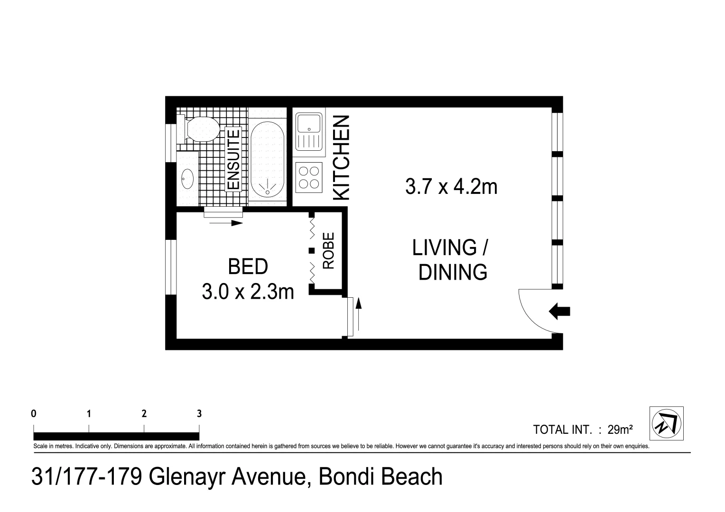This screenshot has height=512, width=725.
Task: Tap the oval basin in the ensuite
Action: coord(187,179)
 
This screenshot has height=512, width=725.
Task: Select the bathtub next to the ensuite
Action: coord(267,159)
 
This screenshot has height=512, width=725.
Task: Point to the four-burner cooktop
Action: coord(309,177)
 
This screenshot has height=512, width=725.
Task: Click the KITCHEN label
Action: coord(342,157)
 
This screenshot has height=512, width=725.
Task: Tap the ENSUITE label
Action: coord(233,159)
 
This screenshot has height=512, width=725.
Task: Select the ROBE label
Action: coord(328,250)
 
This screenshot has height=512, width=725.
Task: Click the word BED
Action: coord(248,267)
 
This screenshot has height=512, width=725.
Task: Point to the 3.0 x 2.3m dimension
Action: coord(248,291)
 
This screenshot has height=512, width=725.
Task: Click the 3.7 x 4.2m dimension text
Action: coord(451,187)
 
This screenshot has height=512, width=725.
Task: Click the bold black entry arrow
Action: coord(560,311)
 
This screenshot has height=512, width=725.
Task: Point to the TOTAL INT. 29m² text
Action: coord(583,430)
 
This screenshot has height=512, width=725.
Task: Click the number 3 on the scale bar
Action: coord(199,414)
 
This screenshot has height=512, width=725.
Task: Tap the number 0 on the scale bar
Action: coord(34,414)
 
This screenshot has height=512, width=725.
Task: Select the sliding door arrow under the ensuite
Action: coord(226,223)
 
